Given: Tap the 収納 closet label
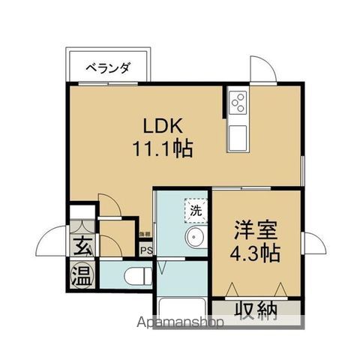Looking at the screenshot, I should point(255,308).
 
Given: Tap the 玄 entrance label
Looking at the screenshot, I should point(82,244).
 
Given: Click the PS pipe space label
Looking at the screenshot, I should point(146,250).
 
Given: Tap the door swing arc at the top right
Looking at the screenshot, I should point(264,69).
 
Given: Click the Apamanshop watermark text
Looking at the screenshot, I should point(180,323).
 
